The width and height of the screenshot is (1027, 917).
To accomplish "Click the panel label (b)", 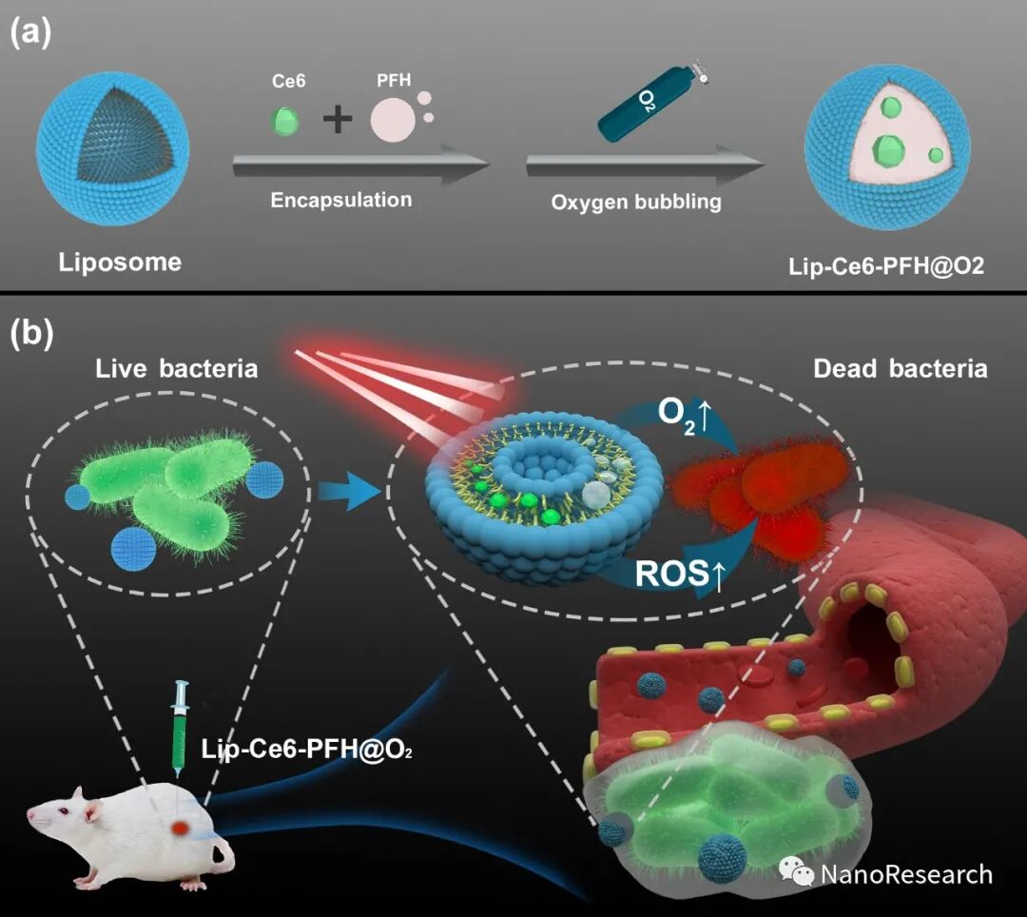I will [x=31, y=334].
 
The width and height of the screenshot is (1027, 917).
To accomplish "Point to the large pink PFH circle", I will [x=393, y=122].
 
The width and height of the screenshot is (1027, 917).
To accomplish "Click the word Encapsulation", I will [x=341, y=200].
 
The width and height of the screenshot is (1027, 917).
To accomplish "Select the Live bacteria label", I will [x=177, y=369].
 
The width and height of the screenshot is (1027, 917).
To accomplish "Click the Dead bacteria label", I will [x=900, y=369].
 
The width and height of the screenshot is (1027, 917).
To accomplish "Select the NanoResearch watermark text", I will [x=905, y=874].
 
